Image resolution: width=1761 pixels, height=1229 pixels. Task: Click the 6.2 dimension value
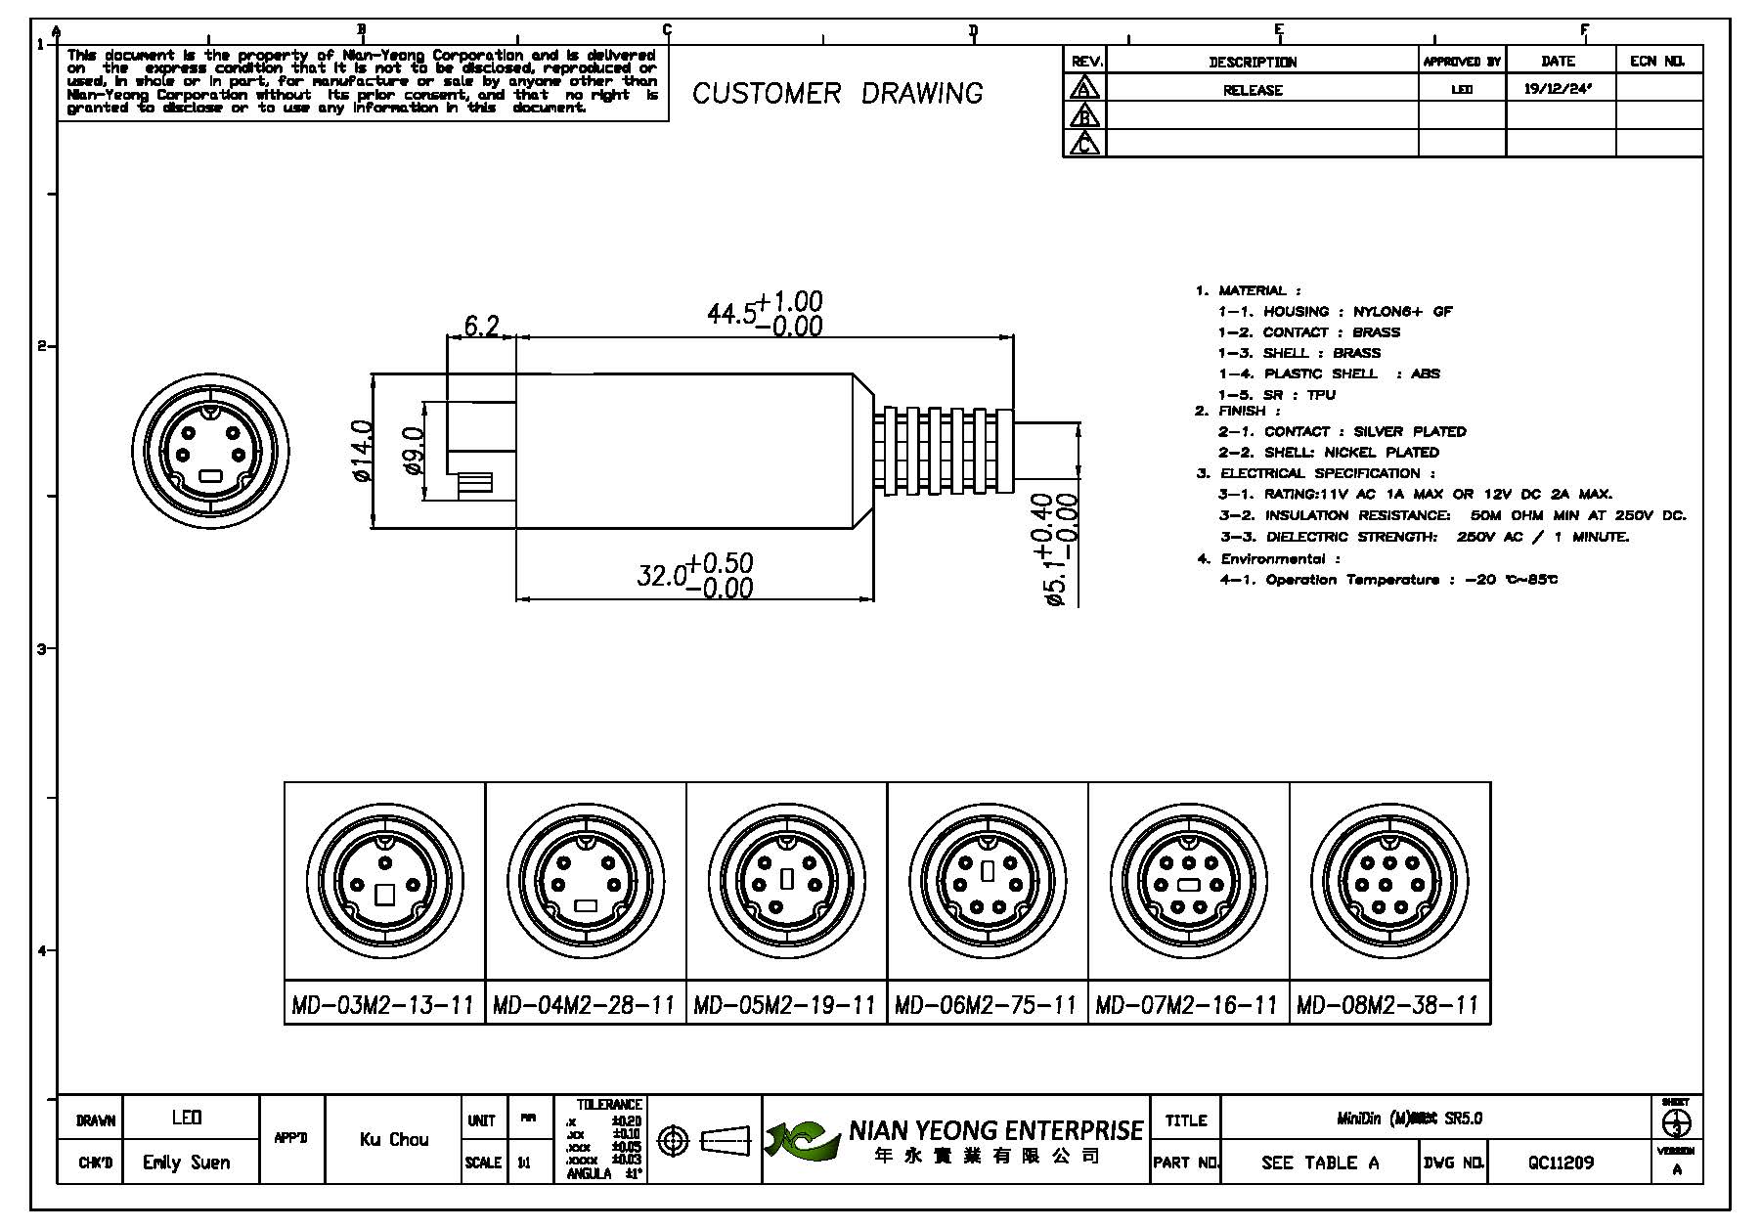tap(480, 325)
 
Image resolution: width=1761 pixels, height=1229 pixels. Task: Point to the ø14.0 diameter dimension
tap(362, 451)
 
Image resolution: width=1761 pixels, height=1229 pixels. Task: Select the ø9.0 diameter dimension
tap(414, 451)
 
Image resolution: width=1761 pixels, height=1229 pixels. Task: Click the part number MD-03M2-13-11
tap(383, 1005)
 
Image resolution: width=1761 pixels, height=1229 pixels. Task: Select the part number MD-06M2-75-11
tap(986, 1005)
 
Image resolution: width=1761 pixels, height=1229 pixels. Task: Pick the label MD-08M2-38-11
tap(1387, 1005)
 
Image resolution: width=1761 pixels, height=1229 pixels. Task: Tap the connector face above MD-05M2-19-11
tap(786, 879)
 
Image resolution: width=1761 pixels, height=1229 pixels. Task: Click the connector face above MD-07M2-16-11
tap(1188, 879)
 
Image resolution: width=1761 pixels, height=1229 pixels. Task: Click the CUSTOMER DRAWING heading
tap(838, 94)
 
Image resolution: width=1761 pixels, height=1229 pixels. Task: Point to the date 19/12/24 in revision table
tap(1558, 89)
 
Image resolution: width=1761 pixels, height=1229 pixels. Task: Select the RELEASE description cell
tap(1253, 90)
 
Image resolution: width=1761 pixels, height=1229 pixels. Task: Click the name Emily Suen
tap(186, 1163)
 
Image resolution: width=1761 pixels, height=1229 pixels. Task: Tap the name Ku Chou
tap(394, 1139)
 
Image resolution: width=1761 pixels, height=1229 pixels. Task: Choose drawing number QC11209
tap(1561, 1163)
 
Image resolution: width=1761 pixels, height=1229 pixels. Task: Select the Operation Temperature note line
tap(1388, 580)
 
